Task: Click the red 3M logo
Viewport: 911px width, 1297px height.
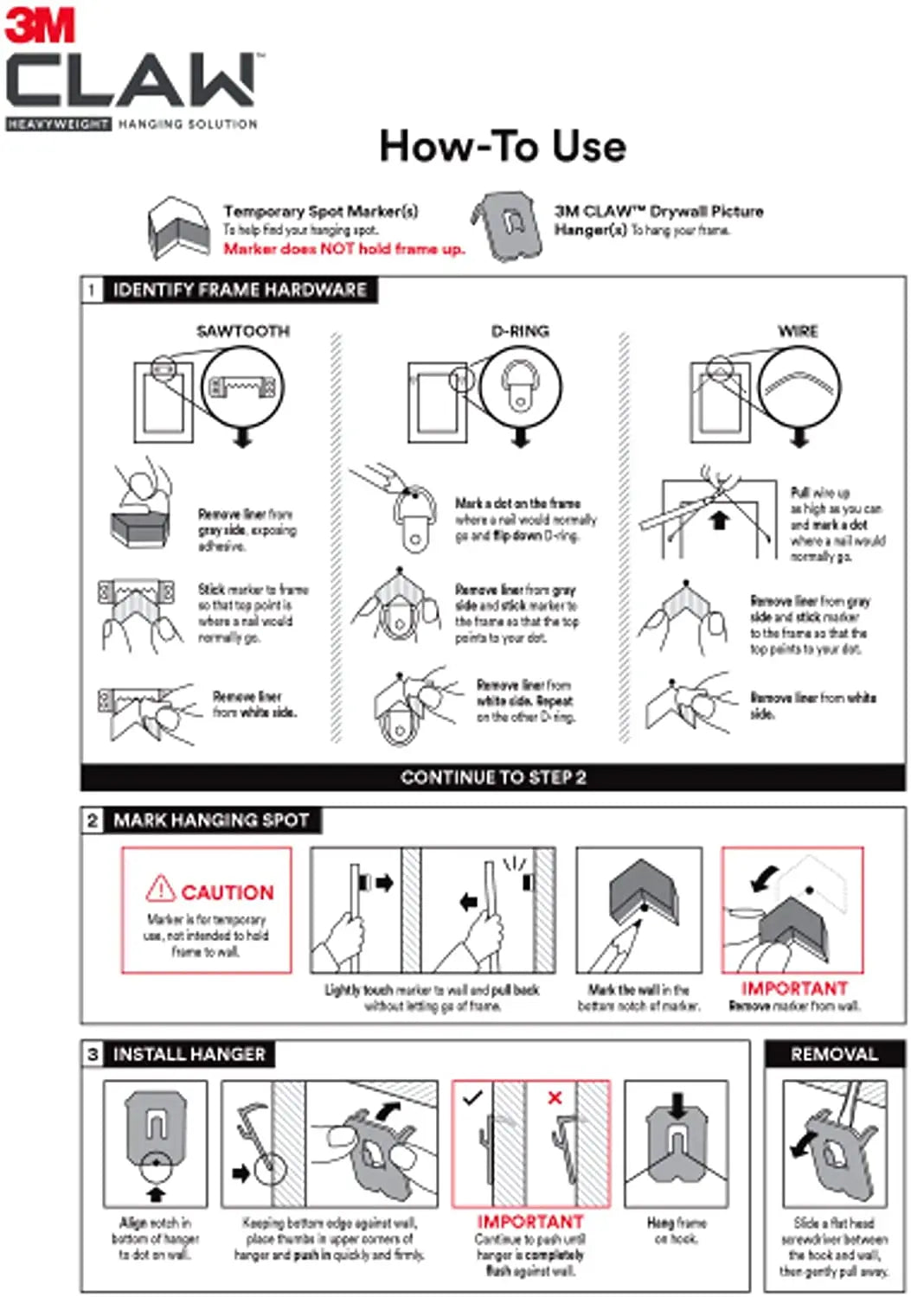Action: point(40,26)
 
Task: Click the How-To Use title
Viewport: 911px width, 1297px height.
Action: point(502,146)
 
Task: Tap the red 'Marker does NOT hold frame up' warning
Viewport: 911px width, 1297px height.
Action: point(343,249)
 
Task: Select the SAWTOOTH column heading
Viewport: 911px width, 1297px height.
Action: point(243,331)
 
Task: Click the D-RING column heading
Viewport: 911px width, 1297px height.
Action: point(520,331)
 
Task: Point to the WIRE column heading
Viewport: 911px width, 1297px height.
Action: point(798,331)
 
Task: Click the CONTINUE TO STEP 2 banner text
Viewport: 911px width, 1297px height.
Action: point(493,777)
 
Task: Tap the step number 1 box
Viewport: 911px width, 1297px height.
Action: point(92,290)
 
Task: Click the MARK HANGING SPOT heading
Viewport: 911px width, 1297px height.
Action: point(211,820)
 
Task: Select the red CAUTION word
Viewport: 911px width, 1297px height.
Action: point(227,892)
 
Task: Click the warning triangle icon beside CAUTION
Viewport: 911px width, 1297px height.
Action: point(161,889)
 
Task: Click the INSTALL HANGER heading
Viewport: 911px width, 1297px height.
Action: point(189,1054)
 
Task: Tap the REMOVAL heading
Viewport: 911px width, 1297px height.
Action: point(834,1054)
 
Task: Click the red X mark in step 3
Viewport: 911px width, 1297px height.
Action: point(555,1097)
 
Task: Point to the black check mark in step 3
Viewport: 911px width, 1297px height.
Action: point(472,1098)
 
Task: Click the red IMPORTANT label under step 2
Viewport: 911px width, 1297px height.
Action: point(794,988)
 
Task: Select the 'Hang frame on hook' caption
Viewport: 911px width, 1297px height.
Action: point(677,1230)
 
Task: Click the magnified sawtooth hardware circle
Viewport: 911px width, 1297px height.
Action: point(242,387)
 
